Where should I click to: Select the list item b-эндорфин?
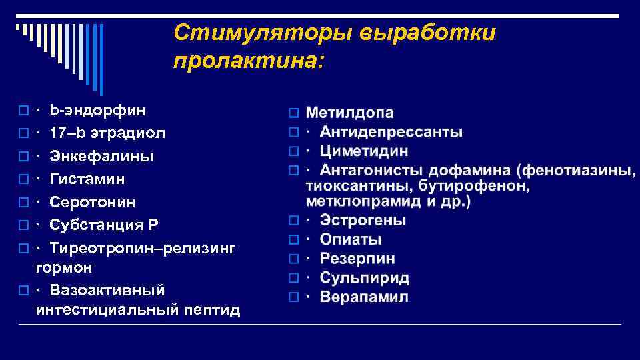(97, 109)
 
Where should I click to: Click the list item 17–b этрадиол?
(107, 133)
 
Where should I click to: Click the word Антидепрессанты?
(391, 132)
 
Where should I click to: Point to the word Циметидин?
(364, 151)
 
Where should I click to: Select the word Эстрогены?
(363, 220)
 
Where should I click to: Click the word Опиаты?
(351, 239)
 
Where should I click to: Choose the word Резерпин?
(357, 259)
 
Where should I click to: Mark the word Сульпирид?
(364, 278)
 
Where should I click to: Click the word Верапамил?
(364, 297)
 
